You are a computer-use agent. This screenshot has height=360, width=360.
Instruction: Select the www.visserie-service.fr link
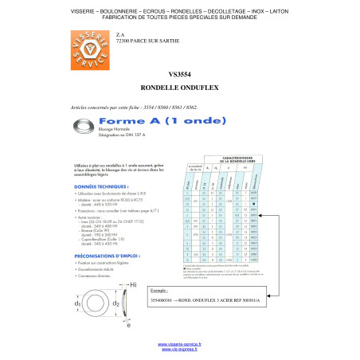pyautogui.click(x=179, y=344)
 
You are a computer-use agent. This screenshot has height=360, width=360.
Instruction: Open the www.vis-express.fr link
pyautogui.click(x=179, y=350)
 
